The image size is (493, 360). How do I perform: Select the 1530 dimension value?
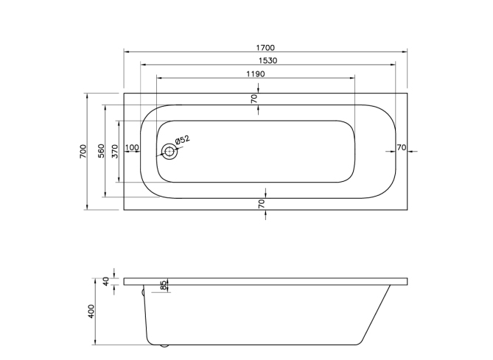point(267,60)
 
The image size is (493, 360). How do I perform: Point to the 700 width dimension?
point(83,151)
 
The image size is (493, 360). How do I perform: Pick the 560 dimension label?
point(100,151)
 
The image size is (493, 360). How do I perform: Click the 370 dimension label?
point(114,151)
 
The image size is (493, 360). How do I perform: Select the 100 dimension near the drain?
point(132,148)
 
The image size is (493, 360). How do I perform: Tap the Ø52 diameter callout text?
point(181,139)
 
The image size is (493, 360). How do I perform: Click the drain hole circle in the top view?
point(169,152)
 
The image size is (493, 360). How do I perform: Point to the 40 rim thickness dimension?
point(105,280)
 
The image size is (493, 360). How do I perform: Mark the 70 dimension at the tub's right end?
point(402,148)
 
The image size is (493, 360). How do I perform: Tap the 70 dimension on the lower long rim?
point(262,204)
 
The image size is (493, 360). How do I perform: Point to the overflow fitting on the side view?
point(144,292)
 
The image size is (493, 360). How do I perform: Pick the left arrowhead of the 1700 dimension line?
point(125,52)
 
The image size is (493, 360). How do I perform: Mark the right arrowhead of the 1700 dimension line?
point(405,52)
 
